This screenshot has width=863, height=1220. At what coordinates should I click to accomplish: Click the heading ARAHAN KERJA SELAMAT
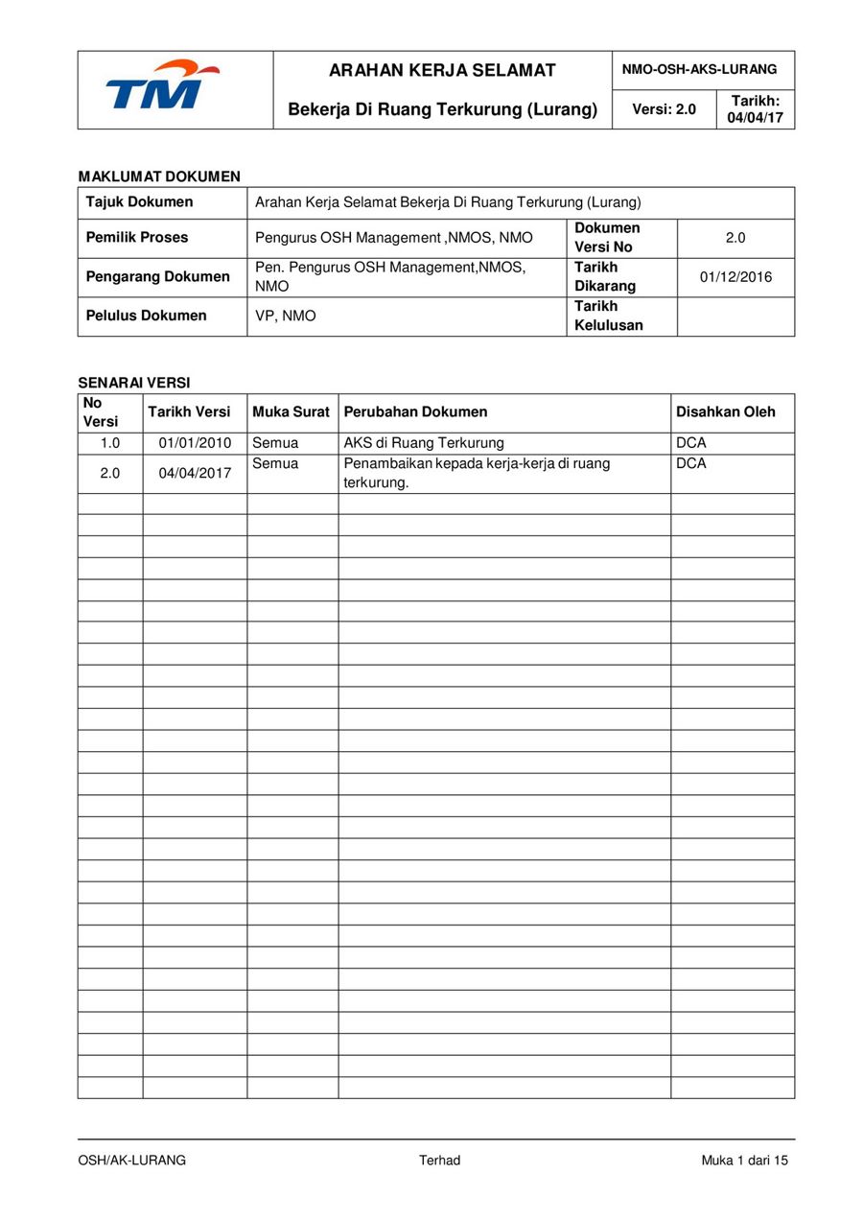(x=442, y=70)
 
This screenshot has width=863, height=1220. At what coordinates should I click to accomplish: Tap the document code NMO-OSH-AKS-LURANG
(x=699, y=70)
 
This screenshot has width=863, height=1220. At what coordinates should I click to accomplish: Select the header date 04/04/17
(x=755, y=118)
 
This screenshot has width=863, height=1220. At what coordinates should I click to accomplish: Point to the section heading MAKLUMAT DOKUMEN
(x=159, y=176)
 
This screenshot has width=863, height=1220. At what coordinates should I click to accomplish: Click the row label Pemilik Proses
(x=137, y=237)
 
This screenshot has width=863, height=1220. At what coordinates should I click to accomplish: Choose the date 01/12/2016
(x=735, y=277)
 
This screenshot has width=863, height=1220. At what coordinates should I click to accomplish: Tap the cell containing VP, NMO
(x=285, y=316)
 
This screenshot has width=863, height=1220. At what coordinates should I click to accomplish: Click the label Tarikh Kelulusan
(x=609, y=316)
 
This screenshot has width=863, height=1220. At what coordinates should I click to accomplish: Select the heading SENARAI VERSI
(x=134, y=383)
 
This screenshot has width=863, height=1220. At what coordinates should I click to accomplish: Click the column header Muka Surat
(x=291, y=411)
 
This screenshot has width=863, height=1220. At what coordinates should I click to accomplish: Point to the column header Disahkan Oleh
(x=726, y=411)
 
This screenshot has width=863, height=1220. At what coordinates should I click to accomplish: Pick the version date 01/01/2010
(x=195, y=443)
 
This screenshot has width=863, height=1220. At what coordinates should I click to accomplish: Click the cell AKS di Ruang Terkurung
(x=424, y=443)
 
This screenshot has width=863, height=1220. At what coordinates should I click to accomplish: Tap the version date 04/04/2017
(x=195, y=473)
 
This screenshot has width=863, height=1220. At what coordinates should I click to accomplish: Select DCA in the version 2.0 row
(x=690, y=464)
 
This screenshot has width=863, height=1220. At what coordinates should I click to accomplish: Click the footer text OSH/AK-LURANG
(x=132, y=1161)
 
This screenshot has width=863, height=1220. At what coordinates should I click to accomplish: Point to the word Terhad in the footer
(x=439, y=1161)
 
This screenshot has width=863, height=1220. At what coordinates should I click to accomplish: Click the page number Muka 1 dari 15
(x=744, y=1161)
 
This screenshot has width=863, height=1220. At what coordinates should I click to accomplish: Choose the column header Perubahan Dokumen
(x=415, y=411)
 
